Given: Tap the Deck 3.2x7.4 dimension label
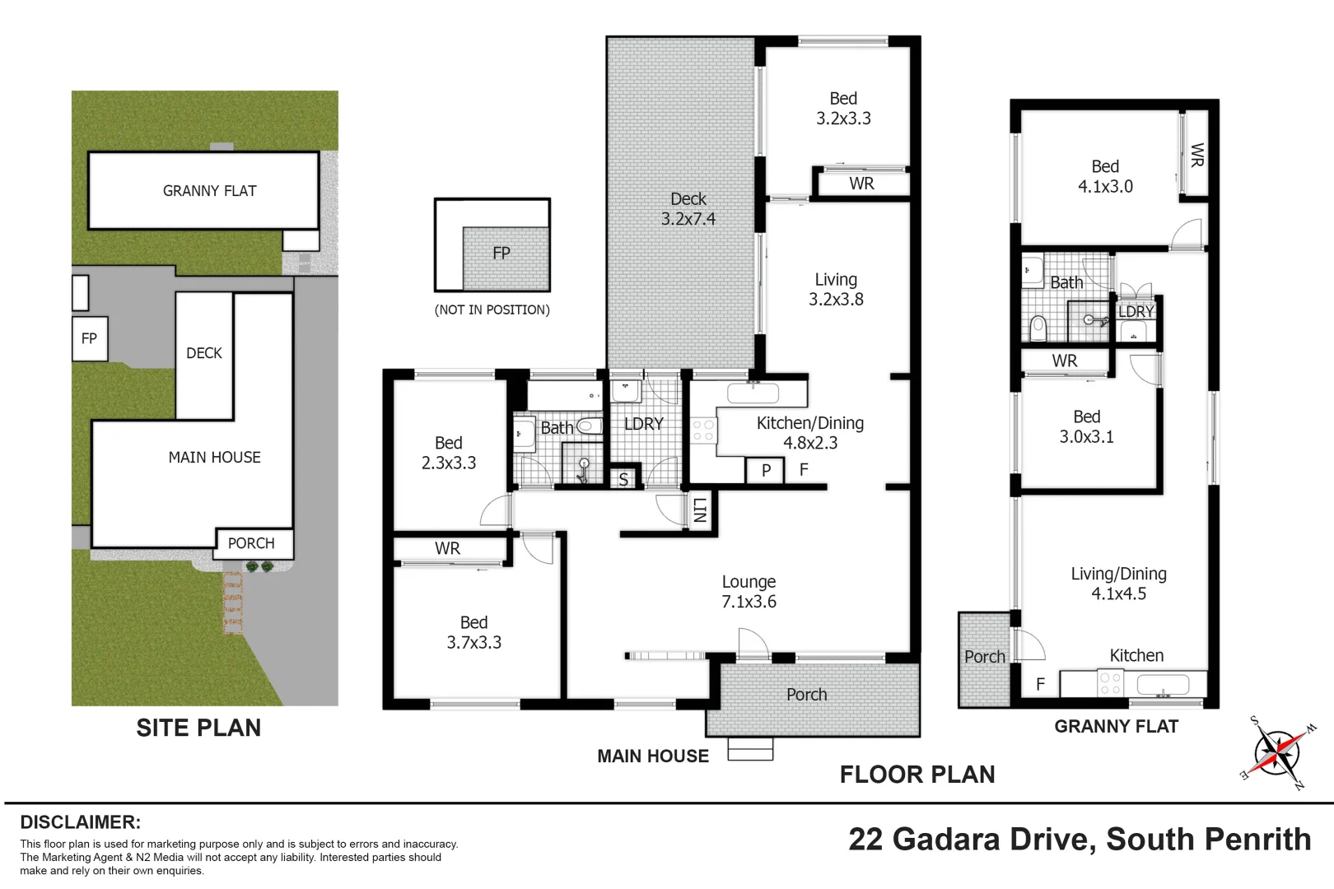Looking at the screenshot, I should click(x=688, y=209).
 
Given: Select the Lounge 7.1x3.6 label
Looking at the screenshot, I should click(x=749, y=592).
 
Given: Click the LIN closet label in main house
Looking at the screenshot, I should click(x=700, y=510).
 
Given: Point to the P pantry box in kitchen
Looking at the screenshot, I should click(x=766, y=471).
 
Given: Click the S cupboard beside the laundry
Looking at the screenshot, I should click(x=623, y=479).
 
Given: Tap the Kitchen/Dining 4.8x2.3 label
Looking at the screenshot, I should click(x=809, y=433).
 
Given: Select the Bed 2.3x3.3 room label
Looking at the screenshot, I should click(x=449, y=453).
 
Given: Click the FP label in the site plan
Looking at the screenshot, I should click(x=89, y=338).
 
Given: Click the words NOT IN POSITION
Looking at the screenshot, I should click(x=492, y=310).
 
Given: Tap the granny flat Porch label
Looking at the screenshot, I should click(x=984, y=657).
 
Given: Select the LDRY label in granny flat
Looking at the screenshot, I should click(x=1136, y=312).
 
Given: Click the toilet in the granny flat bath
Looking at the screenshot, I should click(x=1038, y=328).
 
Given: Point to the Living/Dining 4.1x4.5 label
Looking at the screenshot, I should click(x=1118, y=584).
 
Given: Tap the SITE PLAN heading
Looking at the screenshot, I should click(x=198, y=728).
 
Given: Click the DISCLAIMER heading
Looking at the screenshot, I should click(x=80, y=822).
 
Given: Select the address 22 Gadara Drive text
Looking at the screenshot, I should click(x=1079, y=840).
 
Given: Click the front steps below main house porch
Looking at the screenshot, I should click(x=750, y=750).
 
